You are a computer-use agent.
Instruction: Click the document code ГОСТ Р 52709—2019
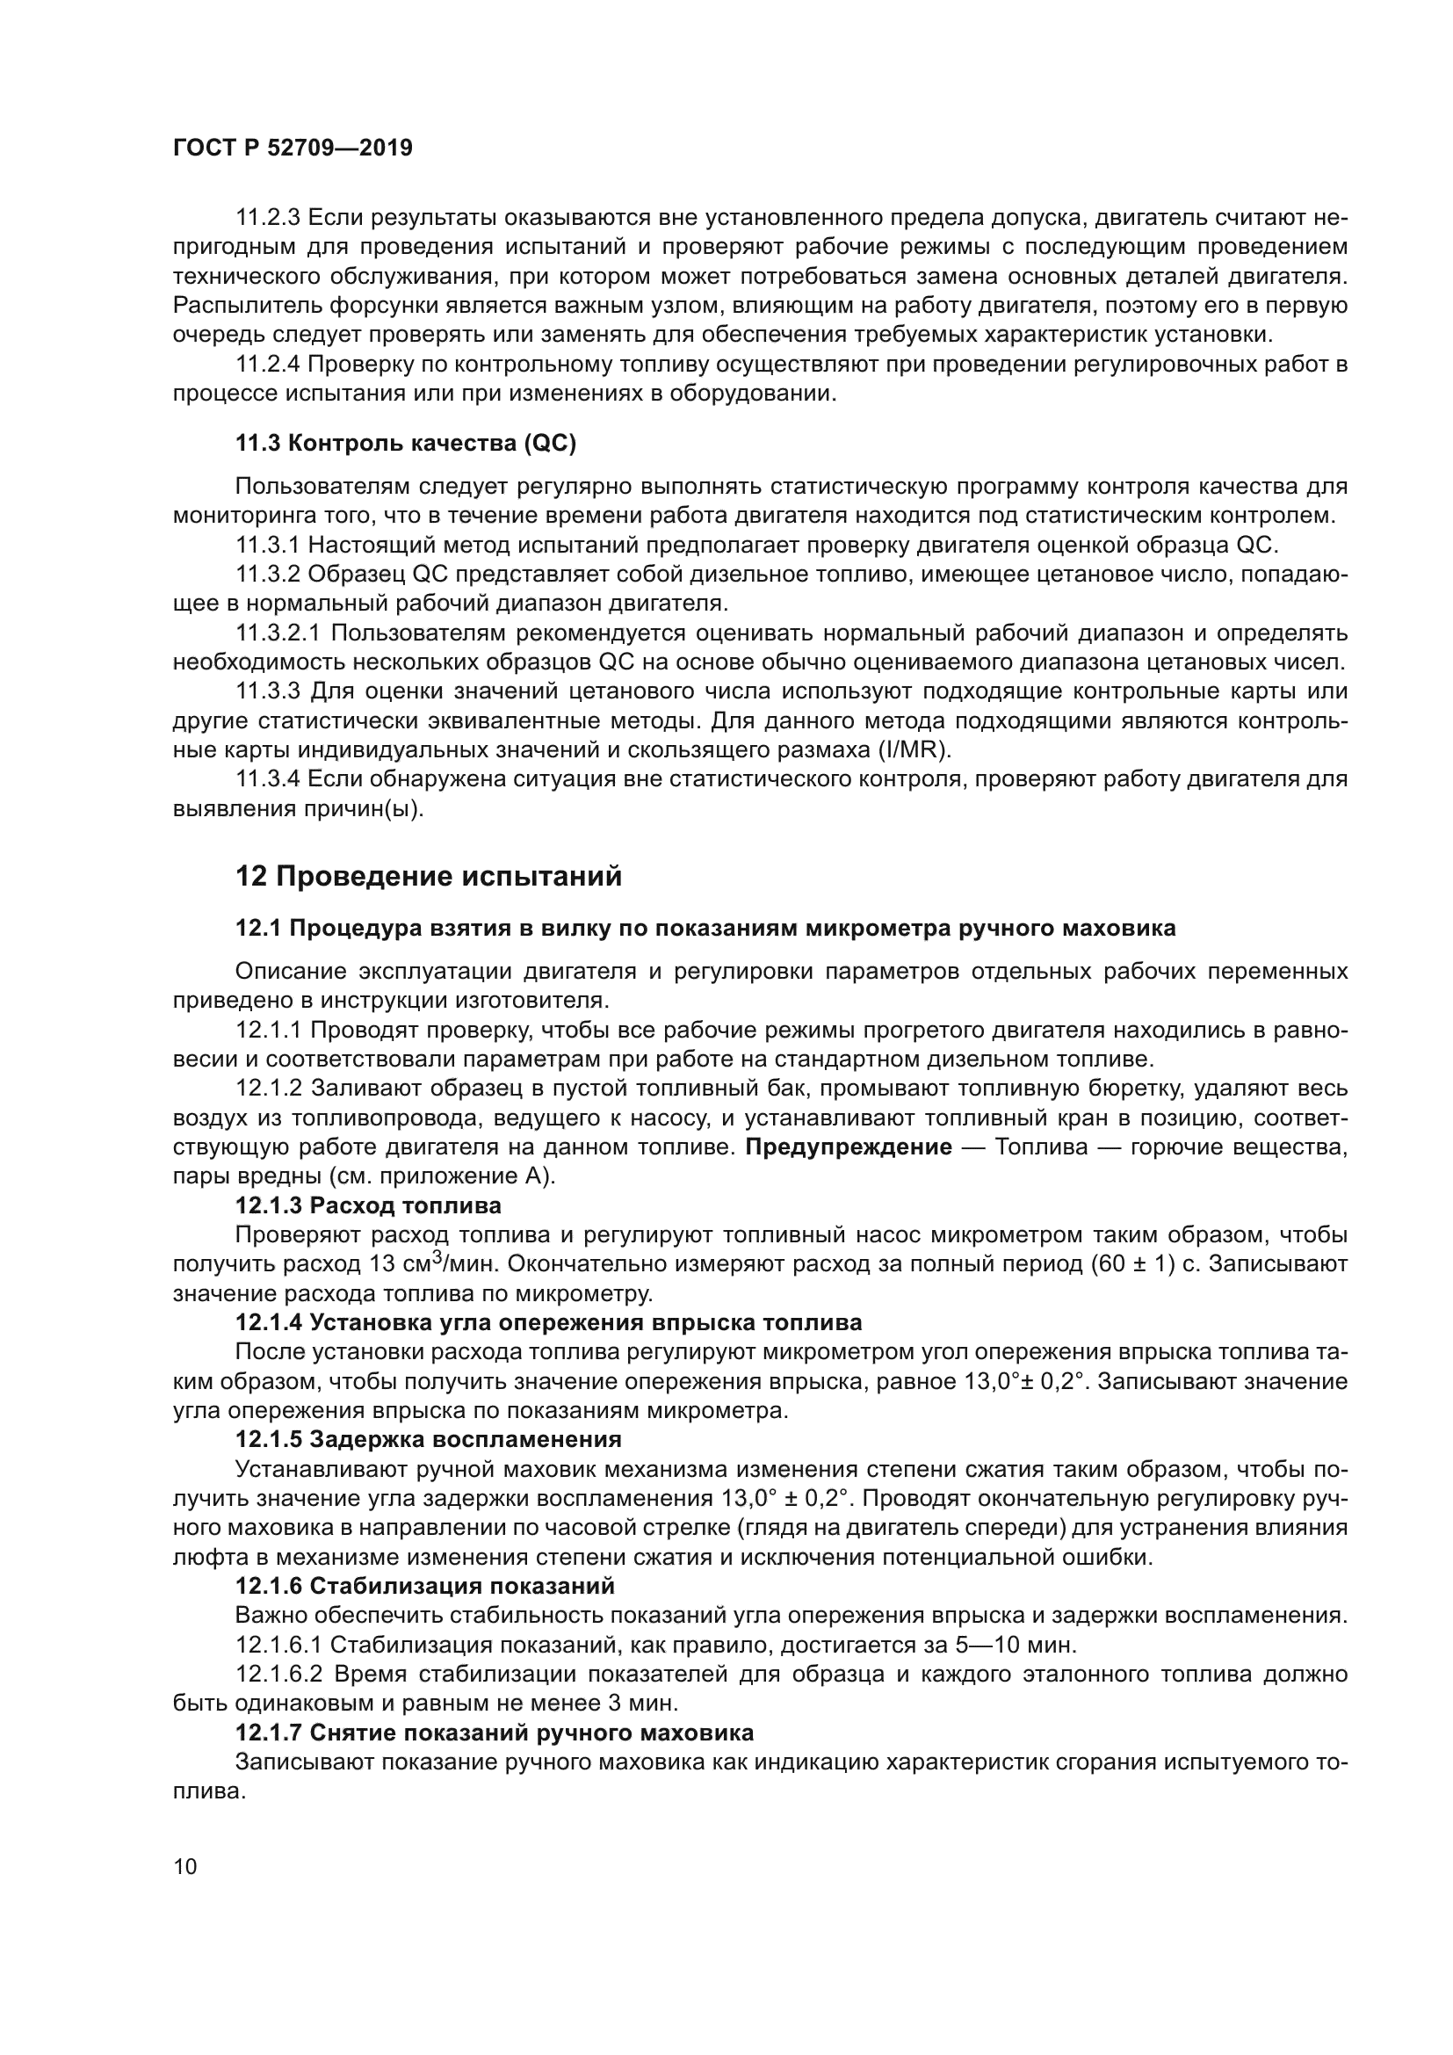pyautogui.click(x=293, y=148)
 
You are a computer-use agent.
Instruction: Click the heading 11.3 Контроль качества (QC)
pyautogui.click(x=405, y=443)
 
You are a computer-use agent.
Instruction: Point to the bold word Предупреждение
pyautogui.click(x=849, y=1147)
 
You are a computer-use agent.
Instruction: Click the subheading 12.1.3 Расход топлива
pyautogui.click(x=368, y=1205)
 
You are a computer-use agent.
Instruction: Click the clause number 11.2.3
pyautogui.click(x=269, y=218)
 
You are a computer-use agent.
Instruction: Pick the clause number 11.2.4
pyautogui.click(x=269, y=365)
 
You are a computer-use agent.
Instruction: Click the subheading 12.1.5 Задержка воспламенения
pyautogui.click(x=428, y=1439)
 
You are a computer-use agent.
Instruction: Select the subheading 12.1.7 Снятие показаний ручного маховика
pyautogui.click(x=494, y=1733)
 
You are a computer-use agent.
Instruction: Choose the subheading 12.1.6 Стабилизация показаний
pyautogui.click(x=425, y=1586)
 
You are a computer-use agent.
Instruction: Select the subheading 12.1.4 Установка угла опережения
pyautogui.click(x=548, y=1323)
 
